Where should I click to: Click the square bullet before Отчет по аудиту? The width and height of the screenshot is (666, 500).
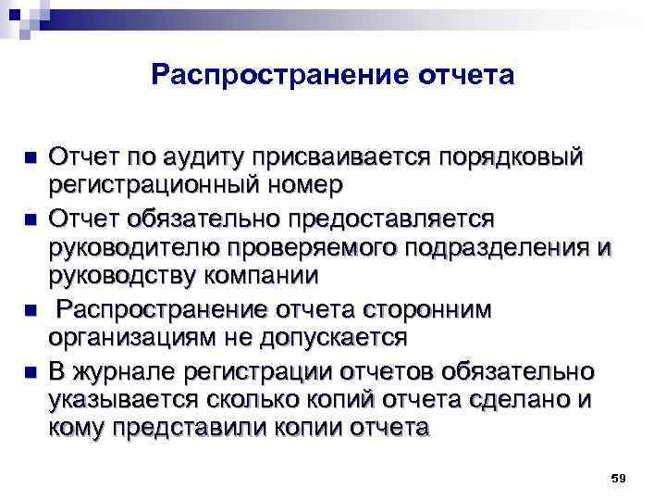click(30, 156)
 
